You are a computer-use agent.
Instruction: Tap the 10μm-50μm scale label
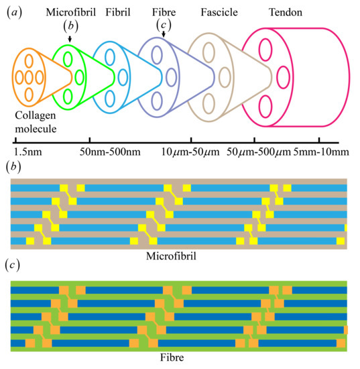click(190, 152)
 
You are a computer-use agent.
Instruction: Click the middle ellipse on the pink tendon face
click(282, 74)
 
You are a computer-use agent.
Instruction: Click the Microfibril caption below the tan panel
click(180, 255)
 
